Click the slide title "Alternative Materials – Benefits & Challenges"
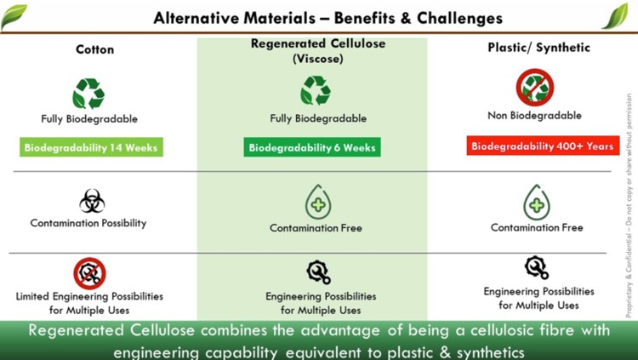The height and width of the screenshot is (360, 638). tap(328, 18)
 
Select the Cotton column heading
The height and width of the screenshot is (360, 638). tap(94, 49)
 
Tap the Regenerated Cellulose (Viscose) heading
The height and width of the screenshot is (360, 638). tap(318, 51)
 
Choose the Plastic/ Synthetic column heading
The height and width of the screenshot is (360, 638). tap(538, 48)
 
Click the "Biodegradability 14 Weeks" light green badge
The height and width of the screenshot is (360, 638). tap(91, 147)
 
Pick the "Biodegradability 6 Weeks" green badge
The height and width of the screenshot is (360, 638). tap(312, 147)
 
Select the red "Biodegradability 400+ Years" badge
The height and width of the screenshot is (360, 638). tap(543, 146)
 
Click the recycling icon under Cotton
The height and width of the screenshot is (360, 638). tap(88, 94)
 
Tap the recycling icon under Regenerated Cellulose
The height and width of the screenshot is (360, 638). tap(316, 90)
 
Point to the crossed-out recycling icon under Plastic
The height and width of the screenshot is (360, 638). tap(535, 87)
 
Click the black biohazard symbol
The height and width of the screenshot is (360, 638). tap(92, 201)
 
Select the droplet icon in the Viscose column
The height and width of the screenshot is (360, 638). tap(318, 202)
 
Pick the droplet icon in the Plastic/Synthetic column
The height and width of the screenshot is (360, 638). tap(537, 202)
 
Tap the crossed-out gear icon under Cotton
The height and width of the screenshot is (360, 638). tap(89, 273)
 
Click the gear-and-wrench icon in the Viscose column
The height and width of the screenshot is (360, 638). tap(319, 272)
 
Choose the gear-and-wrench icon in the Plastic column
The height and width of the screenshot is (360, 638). tap(537, 267)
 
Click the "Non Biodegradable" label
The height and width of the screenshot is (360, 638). tap(535, 116)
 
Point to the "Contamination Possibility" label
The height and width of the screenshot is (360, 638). tap(88, 223)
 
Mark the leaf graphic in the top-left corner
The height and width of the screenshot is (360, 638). tap(14, 17)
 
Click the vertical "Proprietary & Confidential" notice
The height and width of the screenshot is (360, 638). tap(629, 206)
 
